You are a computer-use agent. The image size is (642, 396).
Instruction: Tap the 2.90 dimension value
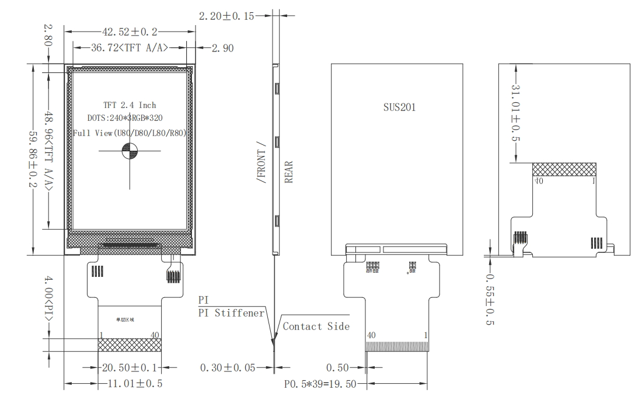click(222, 48)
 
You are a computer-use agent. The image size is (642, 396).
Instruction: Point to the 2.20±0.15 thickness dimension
click(226, 16)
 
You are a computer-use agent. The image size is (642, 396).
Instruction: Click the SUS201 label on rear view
click(399, 107)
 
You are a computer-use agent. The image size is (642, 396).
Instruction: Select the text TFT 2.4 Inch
click(130, 105)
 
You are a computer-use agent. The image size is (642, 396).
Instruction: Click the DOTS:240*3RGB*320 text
click(130, 119)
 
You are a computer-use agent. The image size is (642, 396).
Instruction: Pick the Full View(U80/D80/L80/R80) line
click(130, 133)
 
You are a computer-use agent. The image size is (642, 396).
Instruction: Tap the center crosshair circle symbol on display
click(130, 152)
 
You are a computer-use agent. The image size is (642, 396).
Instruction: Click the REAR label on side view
click(289, 172)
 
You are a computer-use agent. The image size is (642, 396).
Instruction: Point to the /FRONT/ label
click(261, 163)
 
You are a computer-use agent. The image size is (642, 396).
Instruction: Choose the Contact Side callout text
click(316, 326)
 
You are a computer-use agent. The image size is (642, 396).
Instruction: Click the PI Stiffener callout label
click(232, 313)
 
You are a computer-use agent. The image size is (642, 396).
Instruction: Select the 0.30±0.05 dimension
click(228, 368)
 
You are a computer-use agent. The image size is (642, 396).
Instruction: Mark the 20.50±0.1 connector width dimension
click(129, 368)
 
